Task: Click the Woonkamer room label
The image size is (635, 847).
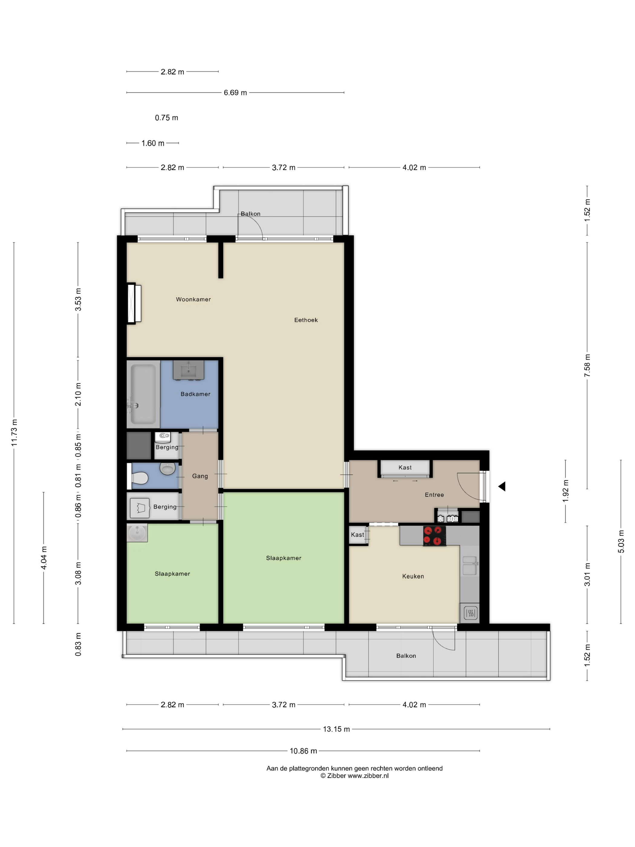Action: (x=193, y=299)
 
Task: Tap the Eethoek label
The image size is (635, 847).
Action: (x=306, y=320)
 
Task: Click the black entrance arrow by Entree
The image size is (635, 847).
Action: (x=502, y=487)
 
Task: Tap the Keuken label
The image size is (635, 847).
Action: (x=413, y=576)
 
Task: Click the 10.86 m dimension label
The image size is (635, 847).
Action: (x=303, y=751)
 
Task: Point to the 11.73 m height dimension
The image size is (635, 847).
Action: (x=14, y=432)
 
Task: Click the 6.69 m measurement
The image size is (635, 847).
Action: (x=235, y=93)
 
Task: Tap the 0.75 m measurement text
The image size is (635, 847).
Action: (x=167, y=118)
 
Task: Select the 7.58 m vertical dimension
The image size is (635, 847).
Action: (x=587, y=366)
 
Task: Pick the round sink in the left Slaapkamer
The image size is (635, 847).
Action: (x=137, y=533)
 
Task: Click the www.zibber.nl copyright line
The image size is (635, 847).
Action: (x=354, y=776)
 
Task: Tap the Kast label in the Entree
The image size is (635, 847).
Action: (x=405, y=468)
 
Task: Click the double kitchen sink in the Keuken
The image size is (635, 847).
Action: (x=470, y=566)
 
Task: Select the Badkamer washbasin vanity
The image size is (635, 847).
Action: (x=188, y=370)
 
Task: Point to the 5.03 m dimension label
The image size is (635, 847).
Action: (x=621, y=541)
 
